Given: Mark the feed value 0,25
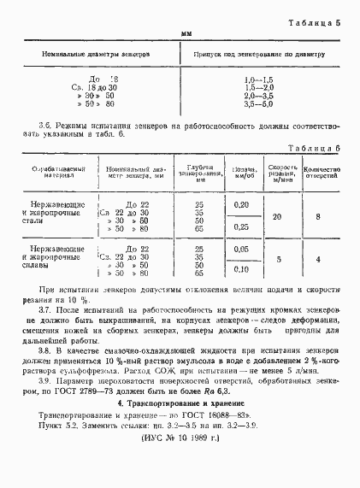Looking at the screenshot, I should click(x=241, y=226).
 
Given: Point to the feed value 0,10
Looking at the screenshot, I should click(x=241, y=269).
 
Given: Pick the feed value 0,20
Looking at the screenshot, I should click(x=241, y=206).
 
